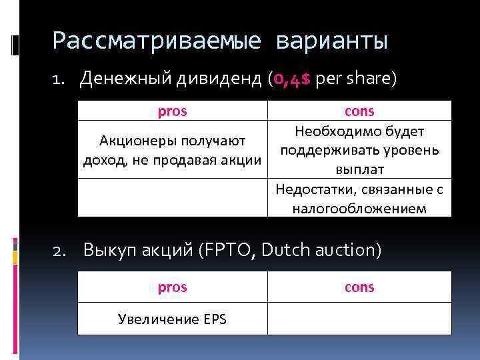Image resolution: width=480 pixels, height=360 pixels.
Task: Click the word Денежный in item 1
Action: pyautogui.click(x=124, y=80)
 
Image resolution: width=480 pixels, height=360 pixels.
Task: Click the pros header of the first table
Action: pyautogui.click(x=173, y=111)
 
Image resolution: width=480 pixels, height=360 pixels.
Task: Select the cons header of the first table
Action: pyautogui.click(x=359, y=111)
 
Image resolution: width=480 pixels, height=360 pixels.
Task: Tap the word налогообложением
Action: pyautogui.click(x=359, y=209)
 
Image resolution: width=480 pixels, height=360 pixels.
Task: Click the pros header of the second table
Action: pyautogui.click(x=173, y=287)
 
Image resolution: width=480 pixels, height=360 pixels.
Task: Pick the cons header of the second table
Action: pyautogui.click(x=359, y=287)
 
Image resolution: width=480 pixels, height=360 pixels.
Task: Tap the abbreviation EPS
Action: pyautogui.click(x=213, y=319)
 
